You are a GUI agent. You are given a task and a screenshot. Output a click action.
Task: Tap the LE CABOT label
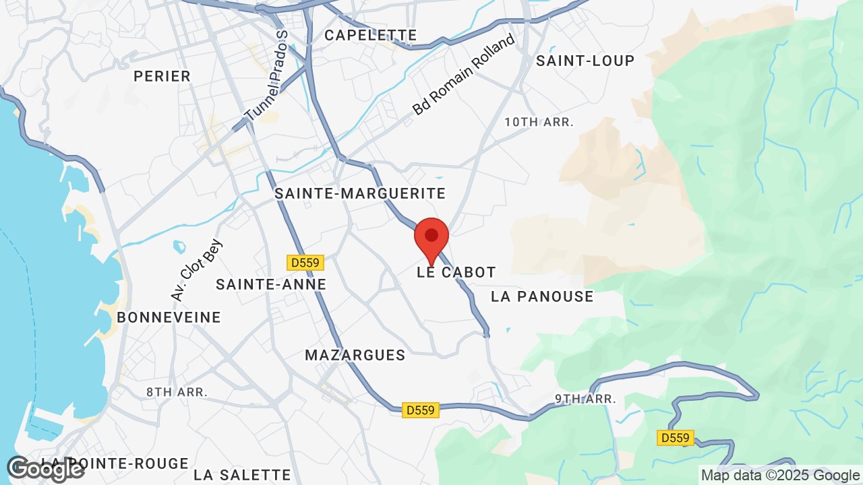pos(456,272)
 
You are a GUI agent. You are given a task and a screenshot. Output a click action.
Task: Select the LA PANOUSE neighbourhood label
pos(542,296)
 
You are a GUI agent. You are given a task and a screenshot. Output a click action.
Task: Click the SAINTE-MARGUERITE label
pos(360,194)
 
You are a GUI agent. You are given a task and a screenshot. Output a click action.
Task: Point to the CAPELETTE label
pos(371,35)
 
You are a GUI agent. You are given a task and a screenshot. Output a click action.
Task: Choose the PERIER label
pos(162,76)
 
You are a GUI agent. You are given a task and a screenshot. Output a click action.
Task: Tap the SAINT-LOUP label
pos(585,61)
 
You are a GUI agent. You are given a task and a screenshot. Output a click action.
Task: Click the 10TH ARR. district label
pos(539,122)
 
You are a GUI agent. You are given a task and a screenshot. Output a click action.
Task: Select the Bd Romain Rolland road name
pos(464,75)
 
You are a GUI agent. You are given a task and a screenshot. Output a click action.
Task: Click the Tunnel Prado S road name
pos(267,76)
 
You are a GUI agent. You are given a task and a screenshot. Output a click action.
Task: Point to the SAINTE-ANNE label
pos(271,285)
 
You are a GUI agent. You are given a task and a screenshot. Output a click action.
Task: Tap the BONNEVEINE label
pos(169,317)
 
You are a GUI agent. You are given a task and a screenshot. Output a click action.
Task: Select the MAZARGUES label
pos(355,355)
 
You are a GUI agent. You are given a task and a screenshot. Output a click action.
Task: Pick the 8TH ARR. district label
pos(177,391)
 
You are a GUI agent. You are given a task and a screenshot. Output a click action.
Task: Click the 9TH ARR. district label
pos(586,399)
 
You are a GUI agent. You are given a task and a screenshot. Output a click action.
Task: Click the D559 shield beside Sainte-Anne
pos(305,262)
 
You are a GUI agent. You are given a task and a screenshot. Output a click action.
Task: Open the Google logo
pos(45,469)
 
